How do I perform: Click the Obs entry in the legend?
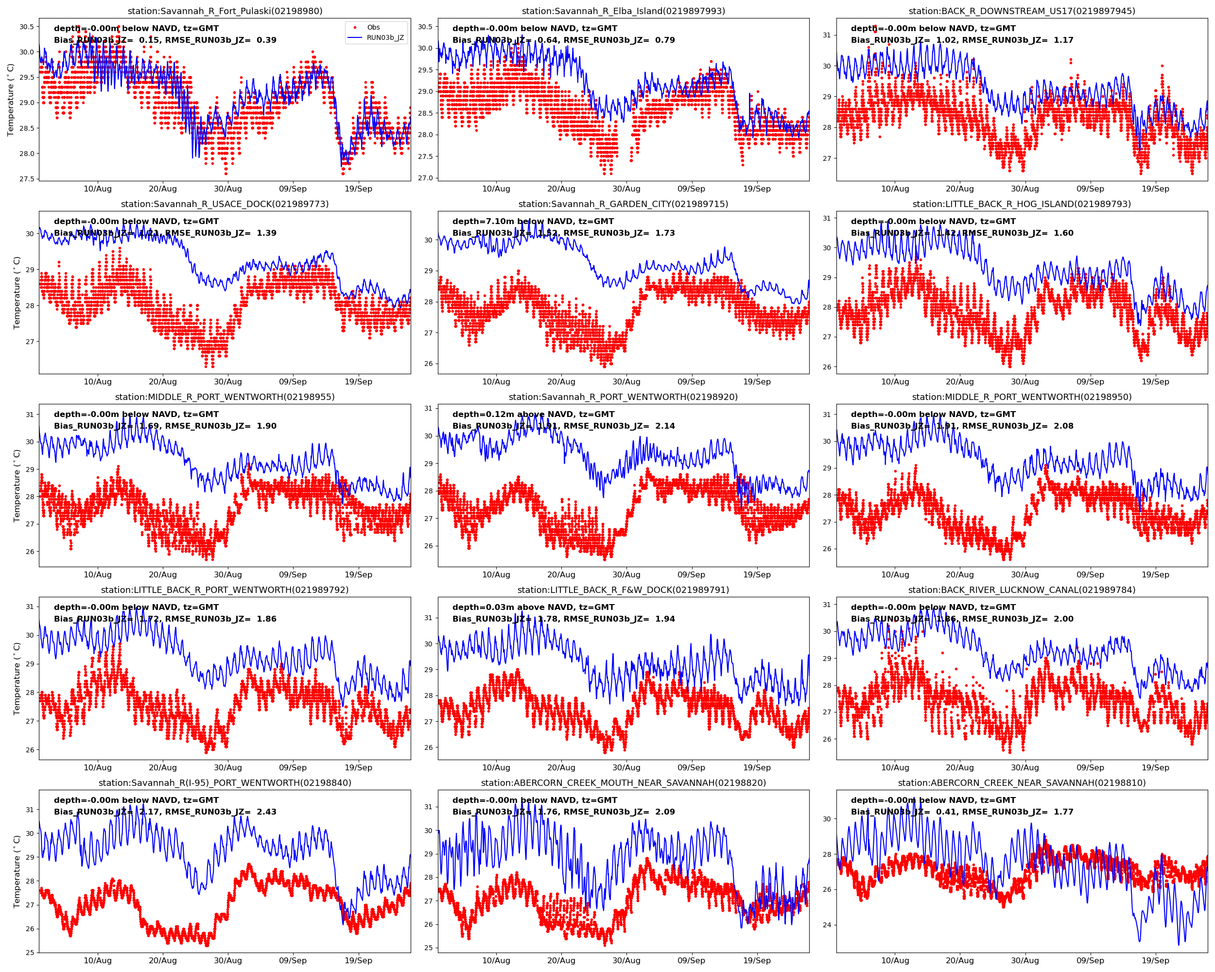373,27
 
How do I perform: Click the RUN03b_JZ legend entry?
385,38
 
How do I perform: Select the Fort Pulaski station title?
225,11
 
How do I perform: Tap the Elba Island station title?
623,11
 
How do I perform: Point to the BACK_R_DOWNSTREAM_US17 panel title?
1022,11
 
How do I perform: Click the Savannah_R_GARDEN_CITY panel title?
623,204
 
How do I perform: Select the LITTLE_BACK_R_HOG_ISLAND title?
1022,204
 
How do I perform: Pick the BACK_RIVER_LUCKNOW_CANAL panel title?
1022,590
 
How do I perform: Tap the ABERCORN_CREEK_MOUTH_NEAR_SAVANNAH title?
623,782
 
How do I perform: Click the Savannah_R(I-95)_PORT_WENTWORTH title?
225,782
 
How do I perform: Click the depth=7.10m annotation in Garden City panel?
533,222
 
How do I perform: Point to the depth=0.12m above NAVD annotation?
533,414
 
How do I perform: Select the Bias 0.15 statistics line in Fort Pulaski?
165,40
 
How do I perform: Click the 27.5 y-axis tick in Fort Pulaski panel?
26,179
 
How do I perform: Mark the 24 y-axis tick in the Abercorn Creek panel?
827,925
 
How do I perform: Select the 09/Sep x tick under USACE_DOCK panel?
293,382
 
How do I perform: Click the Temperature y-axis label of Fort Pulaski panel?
10,100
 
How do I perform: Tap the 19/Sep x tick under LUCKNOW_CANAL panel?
1155,767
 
